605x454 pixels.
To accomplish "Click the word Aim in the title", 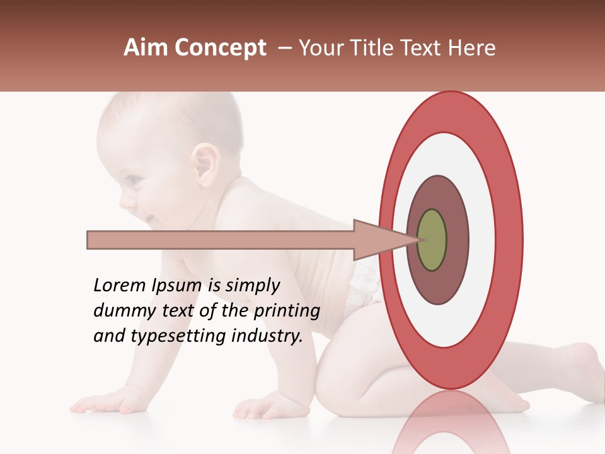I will click(147, 48).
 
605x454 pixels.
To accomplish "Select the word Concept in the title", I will click(220, 49).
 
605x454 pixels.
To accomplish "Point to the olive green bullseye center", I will click(432, 240).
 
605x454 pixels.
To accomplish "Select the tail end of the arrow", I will click(89, 240).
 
